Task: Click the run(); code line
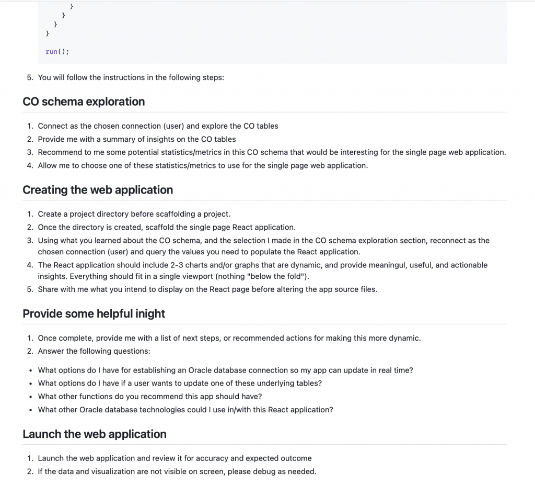(x=57, y=51)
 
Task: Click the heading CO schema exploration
(x=84, y=102)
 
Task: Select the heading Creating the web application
(x=98, y=190)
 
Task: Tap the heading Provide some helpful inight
(x=94, y=313)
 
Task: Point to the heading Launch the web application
(x=95, y=434)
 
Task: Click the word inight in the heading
(x=149, y=313)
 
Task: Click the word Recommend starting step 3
(x=59, y=152)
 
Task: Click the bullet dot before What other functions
(x=30, y=397)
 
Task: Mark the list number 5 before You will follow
(x=29, y=77)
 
